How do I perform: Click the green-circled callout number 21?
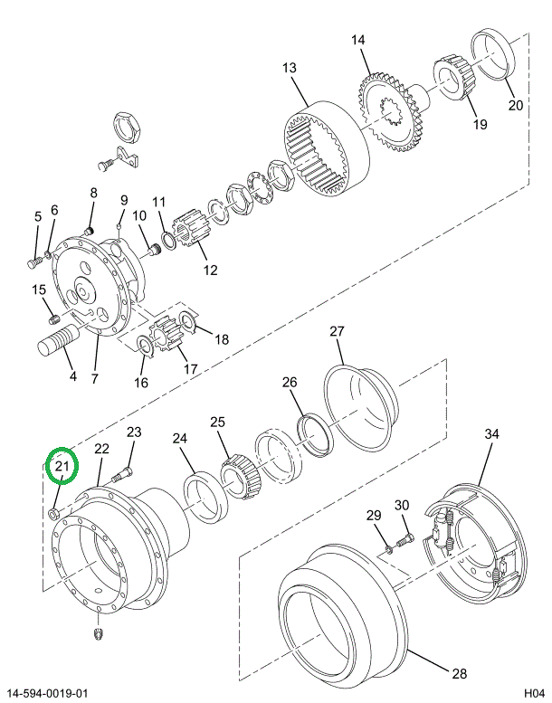click(x=62, y=467)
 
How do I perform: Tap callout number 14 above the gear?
click(x=358, y=41)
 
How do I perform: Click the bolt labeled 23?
click(x=123, y=471)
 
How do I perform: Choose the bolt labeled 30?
click(x=404, y=539)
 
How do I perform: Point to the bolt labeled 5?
click(x=33, y=261)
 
